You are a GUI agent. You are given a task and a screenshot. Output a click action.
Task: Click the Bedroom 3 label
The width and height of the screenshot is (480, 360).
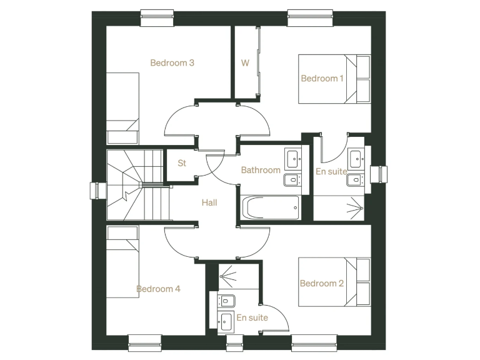[172, 62]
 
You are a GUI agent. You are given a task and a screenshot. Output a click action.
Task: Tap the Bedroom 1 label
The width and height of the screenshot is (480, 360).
[322, 78]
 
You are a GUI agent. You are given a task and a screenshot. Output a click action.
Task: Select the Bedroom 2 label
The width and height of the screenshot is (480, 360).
[322, 283]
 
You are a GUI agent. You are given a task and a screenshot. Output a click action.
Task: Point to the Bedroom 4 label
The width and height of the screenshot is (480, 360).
[159, 289]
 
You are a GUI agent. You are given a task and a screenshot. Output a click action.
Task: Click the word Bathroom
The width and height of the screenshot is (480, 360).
[261, 170]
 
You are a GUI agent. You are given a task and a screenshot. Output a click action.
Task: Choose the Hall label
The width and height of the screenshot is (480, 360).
[209, 202]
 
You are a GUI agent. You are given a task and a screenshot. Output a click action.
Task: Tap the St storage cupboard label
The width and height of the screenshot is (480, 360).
[182, 164]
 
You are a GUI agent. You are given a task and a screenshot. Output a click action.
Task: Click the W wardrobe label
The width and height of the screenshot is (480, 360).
[245, 62]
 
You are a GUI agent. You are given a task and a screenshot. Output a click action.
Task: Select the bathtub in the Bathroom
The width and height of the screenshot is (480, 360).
[270, 207]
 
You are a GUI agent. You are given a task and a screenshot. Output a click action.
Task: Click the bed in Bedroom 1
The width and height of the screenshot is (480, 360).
[334, 79]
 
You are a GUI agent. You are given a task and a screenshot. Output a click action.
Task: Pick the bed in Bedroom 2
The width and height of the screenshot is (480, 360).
[334, 282]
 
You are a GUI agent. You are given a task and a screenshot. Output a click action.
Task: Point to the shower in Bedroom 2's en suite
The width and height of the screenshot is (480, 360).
[239, 276]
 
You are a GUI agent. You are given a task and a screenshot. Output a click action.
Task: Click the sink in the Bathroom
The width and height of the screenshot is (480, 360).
[292, 159]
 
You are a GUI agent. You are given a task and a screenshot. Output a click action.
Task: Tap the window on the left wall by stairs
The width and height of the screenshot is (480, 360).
[97, 190]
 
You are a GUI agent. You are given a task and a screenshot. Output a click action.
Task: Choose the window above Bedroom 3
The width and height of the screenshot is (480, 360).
[157, 18]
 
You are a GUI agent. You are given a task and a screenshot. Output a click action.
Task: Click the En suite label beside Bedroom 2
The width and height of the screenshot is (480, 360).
[252, 317]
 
